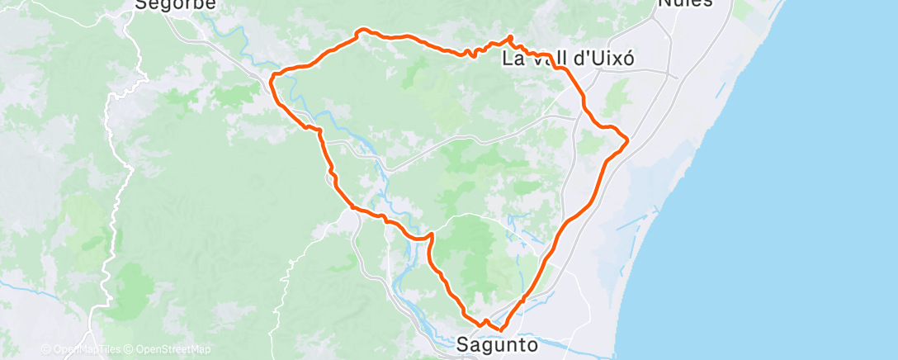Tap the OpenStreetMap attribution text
pos(173,349)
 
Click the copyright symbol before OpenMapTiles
pos(45,349)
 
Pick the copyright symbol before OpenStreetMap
pos(130,349)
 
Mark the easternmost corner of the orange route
pos(628,140)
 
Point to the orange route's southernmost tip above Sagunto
pos(501,331)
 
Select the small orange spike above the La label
pos(510,36)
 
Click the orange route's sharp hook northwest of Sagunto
pos(431,235)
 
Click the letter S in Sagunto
pos(463,344)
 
